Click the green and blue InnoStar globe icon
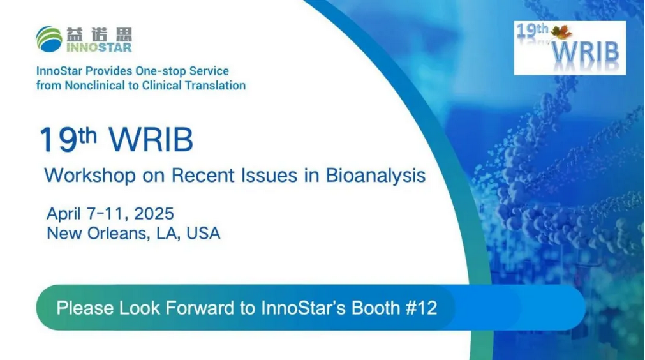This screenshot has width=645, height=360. tap(49, 39)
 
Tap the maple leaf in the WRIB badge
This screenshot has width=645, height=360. tap(561, 32)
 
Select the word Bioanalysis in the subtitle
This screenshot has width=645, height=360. tap(376, 176)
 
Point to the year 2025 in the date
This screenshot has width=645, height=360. tap(154, 214)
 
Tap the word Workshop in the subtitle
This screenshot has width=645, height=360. tap(90, 176)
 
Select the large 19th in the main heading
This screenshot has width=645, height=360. tap(68, 139)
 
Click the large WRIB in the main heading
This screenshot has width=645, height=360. tap(151, 140)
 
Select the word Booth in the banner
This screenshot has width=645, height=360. tap(375, 308)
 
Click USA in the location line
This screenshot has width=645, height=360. tap(204, 233)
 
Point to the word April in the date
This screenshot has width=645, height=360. tap(64, 214)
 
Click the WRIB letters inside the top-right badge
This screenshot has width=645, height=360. tap(585, 52)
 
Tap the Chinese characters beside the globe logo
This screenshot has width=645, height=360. tap(99, 34)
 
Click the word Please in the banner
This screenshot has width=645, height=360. tap(85, 308)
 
